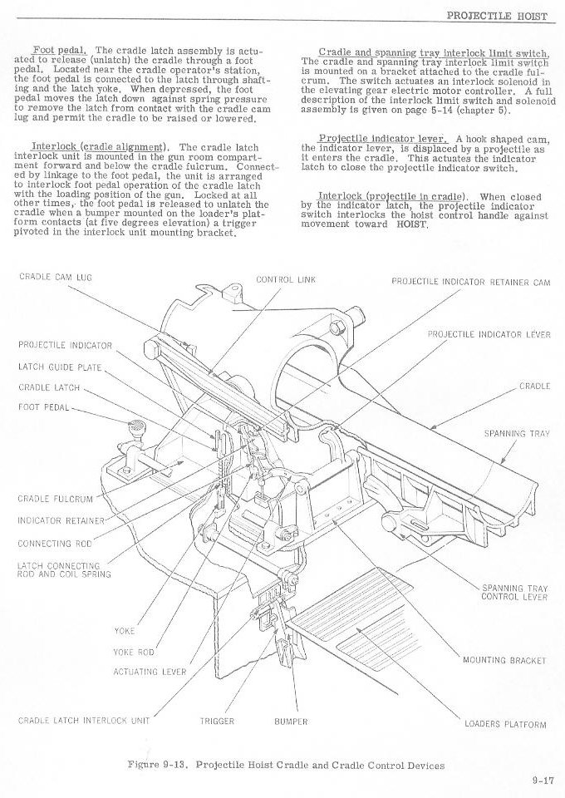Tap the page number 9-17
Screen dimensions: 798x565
[543, 780]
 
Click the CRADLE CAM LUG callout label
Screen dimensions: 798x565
[55, 277]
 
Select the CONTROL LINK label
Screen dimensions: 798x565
[286, 278]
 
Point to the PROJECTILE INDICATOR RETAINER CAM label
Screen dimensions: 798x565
[470, 281]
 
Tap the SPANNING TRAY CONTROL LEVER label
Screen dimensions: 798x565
[514, 593]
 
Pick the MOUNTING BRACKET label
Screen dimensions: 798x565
[504, 660]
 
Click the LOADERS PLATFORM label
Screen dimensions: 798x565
[505, 724]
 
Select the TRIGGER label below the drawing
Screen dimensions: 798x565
[217, 721]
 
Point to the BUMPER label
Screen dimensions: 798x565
[291, 721]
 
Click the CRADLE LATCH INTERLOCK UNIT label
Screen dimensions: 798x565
[84, 721]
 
